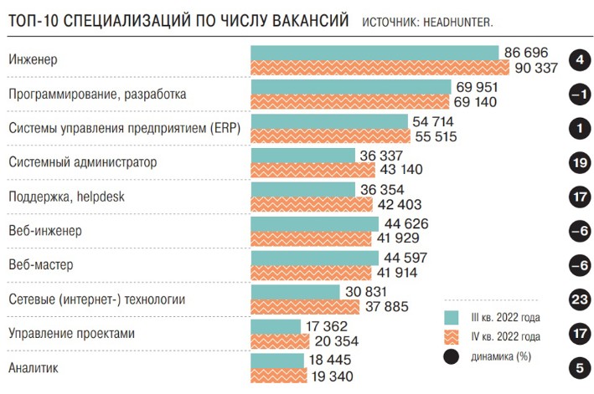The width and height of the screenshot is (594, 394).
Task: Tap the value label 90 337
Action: [x=530, y=68]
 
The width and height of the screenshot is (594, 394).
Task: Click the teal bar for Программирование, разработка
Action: [x=351, y=87]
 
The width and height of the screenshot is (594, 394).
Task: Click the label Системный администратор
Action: [x=82, y=162]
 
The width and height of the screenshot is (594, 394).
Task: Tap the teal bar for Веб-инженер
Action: [x=315, y=224]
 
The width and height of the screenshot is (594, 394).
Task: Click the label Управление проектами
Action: [x=70, y=333]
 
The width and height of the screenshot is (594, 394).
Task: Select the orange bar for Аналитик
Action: [x=279, y=375]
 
